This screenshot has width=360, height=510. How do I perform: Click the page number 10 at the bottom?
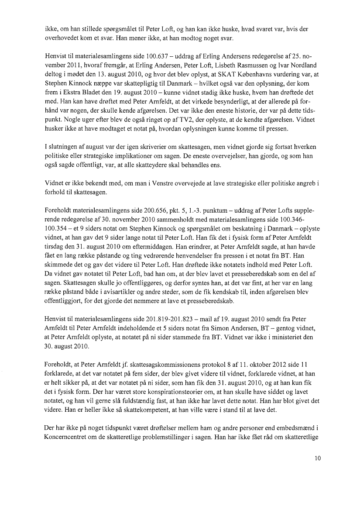[x=317, y=458]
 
